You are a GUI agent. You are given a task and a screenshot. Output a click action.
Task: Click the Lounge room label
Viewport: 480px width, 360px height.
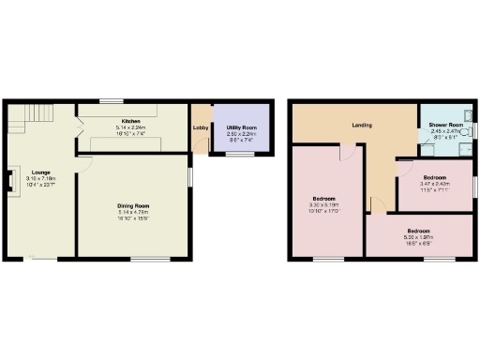pyautogui.click(x=39, y=172)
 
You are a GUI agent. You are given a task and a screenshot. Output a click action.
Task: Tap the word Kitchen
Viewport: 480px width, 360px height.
pyautogui.click(x=130, y=121)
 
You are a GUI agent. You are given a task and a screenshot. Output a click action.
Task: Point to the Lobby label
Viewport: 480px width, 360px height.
pyautogui.click(x=200, y=127)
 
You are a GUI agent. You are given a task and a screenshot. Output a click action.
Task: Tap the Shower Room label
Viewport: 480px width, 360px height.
pyautogui.click(x=445, y=125)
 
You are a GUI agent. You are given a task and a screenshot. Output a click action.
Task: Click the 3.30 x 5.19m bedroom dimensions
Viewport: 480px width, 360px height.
pyautogui.click(x=324, y=203)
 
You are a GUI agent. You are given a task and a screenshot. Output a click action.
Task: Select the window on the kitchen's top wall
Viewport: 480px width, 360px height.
pyautogui.click(x=112, y=100)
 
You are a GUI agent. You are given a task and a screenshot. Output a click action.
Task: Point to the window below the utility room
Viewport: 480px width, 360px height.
pyautogui.click(x=242, y=154)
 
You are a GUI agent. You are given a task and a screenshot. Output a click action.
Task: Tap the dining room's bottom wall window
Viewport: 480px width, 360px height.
pyautogui.click(x=156, y=258)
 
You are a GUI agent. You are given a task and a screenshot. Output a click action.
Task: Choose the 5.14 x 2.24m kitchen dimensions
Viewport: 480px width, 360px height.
pyautogui.click(x=130, y=127)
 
